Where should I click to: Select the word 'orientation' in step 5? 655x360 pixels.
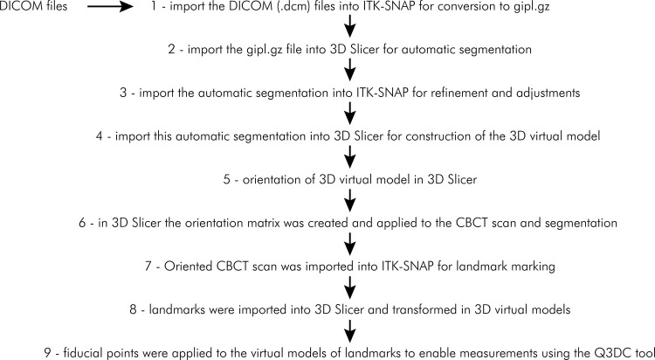pyautogui.click(x=259, y=182)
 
